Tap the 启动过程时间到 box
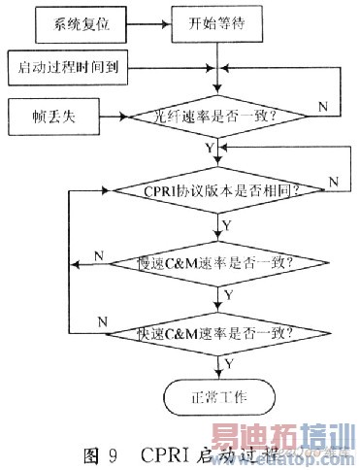(x=67, y=69)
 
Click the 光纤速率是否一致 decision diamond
(x=214, y=117)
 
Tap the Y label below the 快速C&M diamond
(x=229, y=362)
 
